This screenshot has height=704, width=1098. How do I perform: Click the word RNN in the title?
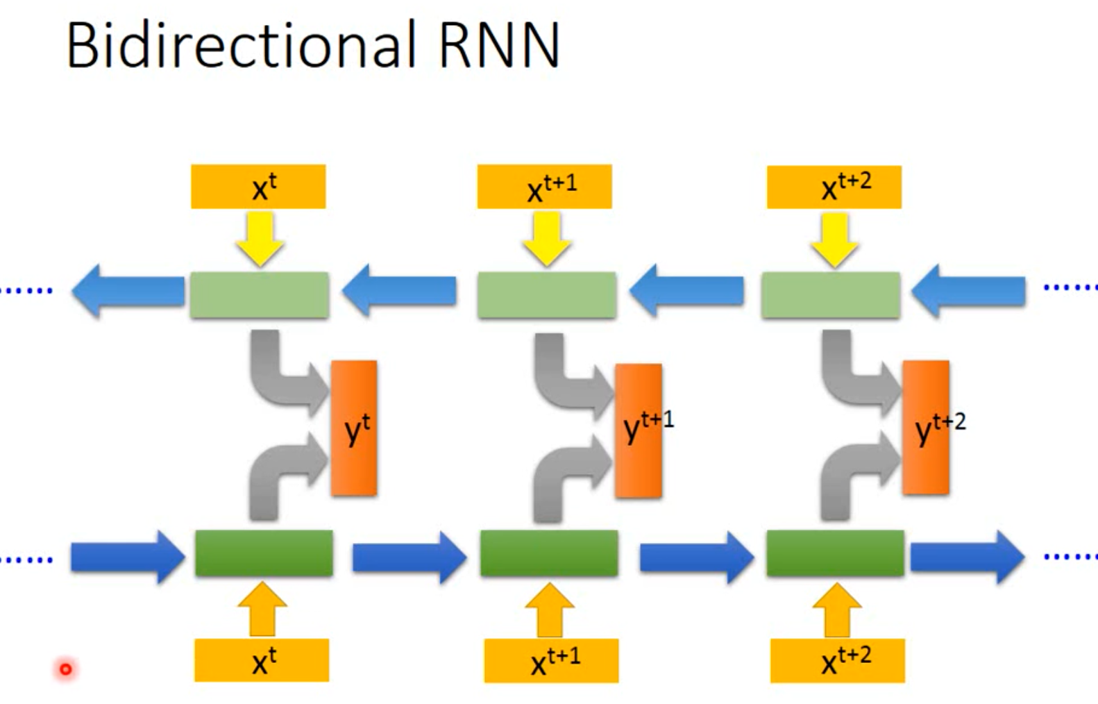498,46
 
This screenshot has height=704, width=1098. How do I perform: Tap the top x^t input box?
258,187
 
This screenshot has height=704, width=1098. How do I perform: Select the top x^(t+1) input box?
544,187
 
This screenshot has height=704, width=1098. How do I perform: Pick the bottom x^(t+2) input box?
837,660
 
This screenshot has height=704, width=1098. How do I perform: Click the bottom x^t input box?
262,660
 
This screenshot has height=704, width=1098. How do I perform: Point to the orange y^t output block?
354,428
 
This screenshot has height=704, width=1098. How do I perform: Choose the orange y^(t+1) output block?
639,430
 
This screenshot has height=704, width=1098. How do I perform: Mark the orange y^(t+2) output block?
926,428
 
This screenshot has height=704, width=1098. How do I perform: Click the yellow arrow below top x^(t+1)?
547,239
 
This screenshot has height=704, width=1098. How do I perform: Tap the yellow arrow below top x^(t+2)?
834,240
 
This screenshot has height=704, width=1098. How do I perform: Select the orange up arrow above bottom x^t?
262,610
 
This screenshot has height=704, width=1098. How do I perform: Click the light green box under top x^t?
260,295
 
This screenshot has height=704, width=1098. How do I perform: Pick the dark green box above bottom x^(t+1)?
549,553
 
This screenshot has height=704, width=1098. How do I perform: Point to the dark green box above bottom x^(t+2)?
835,553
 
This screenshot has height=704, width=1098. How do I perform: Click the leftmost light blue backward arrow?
128,292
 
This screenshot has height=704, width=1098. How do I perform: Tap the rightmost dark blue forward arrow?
967,556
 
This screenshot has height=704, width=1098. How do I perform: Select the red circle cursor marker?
65,669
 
